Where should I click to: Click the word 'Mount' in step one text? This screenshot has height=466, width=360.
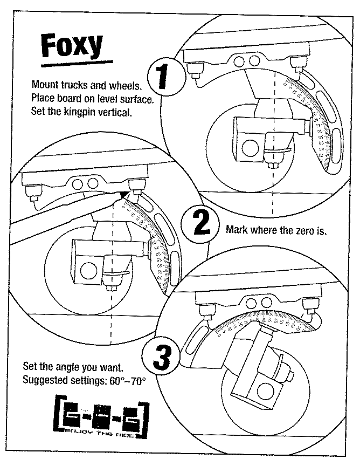point(44,84)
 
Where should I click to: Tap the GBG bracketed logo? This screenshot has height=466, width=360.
point(101,413)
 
